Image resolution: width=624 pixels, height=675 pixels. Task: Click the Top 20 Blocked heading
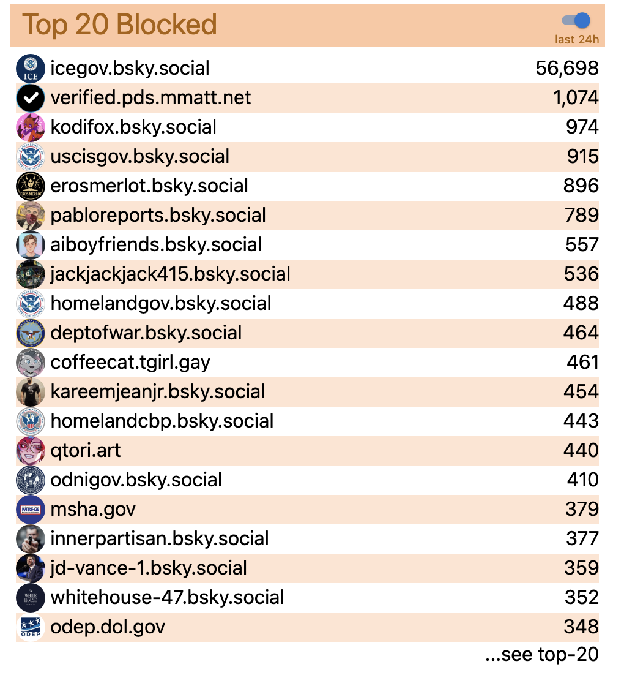[x=120, y=25]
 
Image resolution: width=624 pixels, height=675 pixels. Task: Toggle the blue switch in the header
[x=576, y=20]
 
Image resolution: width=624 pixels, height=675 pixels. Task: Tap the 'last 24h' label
[x=576, y=40]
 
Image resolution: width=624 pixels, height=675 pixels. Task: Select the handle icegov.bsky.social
[x=130, y=68]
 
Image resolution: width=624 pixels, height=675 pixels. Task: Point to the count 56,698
[x=567, y=68]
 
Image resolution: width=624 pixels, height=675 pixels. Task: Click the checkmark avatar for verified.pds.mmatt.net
[x=31, y=97]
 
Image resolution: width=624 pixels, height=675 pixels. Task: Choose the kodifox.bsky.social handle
[x=133, y=127]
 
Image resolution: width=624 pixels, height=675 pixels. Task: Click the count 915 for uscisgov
[x=582, y=156]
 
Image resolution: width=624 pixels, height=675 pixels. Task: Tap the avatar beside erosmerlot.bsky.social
[x=31, y=186]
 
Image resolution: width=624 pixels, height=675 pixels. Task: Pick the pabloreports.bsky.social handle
[x=158, y=215]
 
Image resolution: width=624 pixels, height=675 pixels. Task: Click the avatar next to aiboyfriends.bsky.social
[x=31, y=244]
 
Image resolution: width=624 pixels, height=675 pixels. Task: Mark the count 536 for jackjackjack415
[x=582, y=274]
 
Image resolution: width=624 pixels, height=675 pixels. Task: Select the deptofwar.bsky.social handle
[x=146, y=333]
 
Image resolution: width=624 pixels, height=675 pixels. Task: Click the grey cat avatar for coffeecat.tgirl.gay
[x=31, y=362]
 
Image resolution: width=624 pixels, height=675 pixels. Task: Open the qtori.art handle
[x=86, y=450]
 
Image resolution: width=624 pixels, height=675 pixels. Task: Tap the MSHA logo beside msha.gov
[x=31, y=509]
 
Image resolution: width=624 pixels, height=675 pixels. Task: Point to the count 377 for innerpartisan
[x=582, y=538]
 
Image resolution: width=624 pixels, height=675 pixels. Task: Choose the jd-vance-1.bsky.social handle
[x=149, y=568]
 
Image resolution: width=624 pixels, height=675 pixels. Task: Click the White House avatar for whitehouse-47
[x=31, y=597]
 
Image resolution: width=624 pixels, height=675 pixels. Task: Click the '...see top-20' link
[x=541, y=654]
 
